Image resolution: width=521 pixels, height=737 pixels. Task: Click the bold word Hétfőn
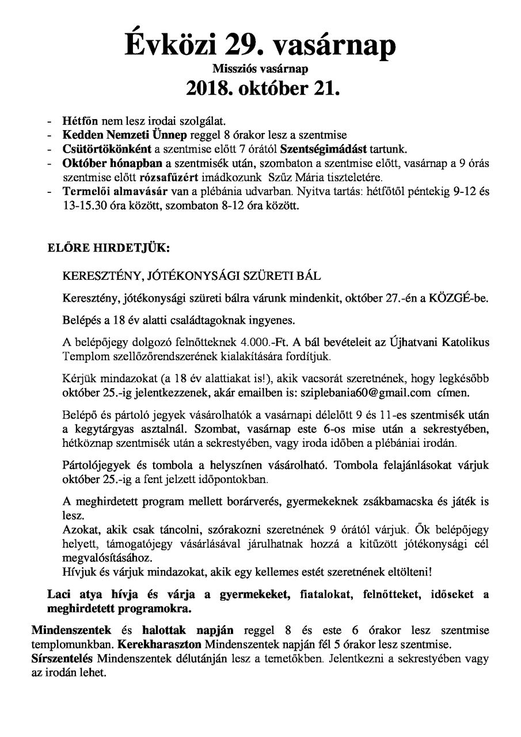coord(81,123)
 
